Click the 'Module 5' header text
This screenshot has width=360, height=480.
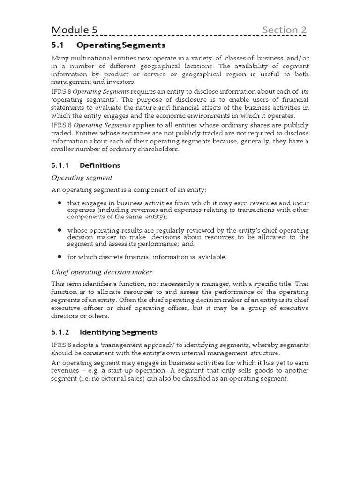pos(75,30)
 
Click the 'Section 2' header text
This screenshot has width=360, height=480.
pos(284,30)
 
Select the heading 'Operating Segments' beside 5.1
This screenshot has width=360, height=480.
pos(121,45)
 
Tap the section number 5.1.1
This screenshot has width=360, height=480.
pos(60,165)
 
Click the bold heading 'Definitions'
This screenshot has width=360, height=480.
pos(100,165)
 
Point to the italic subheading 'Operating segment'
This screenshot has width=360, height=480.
pos(82,178)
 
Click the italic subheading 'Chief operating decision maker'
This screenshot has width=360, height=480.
pos(101,272)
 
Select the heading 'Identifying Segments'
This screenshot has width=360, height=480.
pos(119,332)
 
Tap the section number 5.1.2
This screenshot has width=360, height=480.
pos(60,332)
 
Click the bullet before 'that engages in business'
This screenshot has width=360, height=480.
pos(60,203)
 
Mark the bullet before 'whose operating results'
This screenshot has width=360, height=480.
pos(60,230)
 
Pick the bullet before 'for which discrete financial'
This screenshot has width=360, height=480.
pos(60,257)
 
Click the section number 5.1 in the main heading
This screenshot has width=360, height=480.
pos(57,45)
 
